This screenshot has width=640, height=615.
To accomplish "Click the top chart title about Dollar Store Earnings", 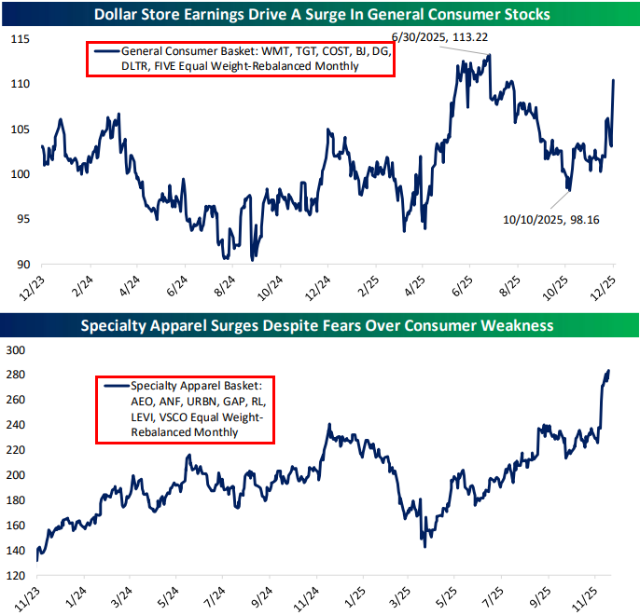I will (320, 14).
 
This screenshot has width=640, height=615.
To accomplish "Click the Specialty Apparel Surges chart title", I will (320, 326).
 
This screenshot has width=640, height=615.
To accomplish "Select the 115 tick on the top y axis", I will (19, 39).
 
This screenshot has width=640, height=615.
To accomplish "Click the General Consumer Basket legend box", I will (240, 60).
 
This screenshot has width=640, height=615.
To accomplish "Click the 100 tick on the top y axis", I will (19, 174).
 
